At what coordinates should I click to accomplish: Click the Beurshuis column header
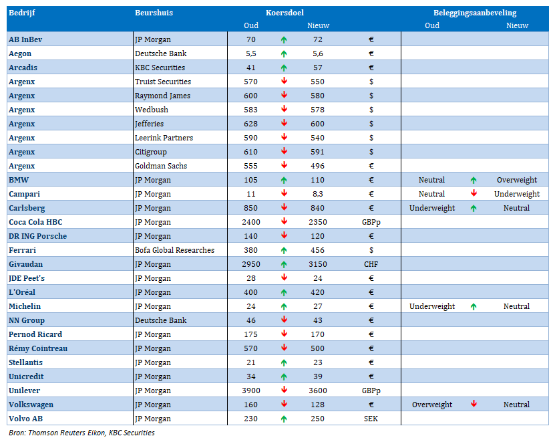(x=154, y=13)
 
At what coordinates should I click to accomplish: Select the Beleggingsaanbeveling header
(x=475, y=13)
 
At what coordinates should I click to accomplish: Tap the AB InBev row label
(x=25, y=39)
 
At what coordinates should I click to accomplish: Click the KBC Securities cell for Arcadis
(x=160, y=68)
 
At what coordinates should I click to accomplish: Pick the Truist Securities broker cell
(x=163, y=82)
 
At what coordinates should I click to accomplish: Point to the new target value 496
(x=317, y=166)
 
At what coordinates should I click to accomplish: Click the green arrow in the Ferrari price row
(x=284, y=250)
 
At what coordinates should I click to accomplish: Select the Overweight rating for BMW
(x=517, y=180)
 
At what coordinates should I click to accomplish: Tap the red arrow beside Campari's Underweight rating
(x=474, y=193)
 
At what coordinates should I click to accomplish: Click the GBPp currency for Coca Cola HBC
(x=371, y=222)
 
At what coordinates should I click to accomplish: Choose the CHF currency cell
(x=371, y=264)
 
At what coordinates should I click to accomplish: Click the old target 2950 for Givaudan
(x=251, y=264)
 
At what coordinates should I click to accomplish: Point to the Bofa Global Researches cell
(x=174, y=250)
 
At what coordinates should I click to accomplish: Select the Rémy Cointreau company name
(x=38, y=348)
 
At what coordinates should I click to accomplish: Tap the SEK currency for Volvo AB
(x=371, y=419)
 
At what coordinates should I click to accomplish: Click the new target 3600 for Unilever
(x=317, y=391)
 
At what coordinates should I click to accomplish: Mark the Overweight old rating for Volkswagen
(x=432, y=405)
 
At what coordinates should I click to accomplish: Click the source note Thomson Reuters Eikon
(x=67, y=433)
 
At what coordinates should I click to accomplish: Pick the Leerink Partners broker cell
(x=164, y=138)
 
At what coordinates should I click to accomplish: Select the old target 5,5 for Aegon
(x=251, y=53)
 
